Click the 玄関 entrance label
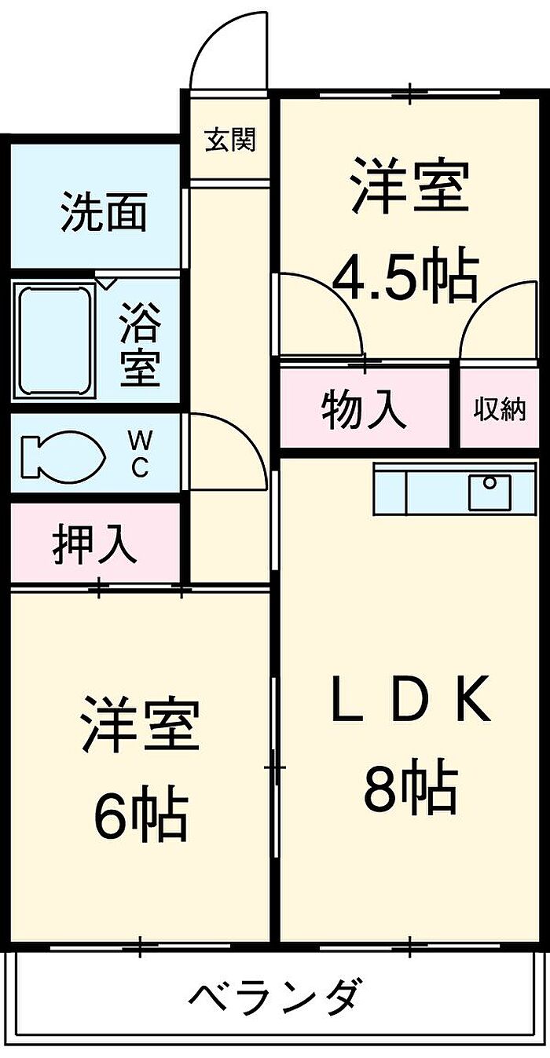[230, 141]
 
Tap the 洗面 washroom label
[104, 212]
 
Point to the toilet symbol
[64, 453]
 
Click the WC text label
[138, 454]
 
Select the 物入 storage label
[364, 408]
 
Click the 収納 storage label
[499, 408]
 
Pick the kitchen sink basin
[489, 491]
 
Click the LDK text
[410, 699]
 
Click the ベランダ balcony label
[275, 996]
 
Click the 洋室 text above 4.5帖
[409, 186]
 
